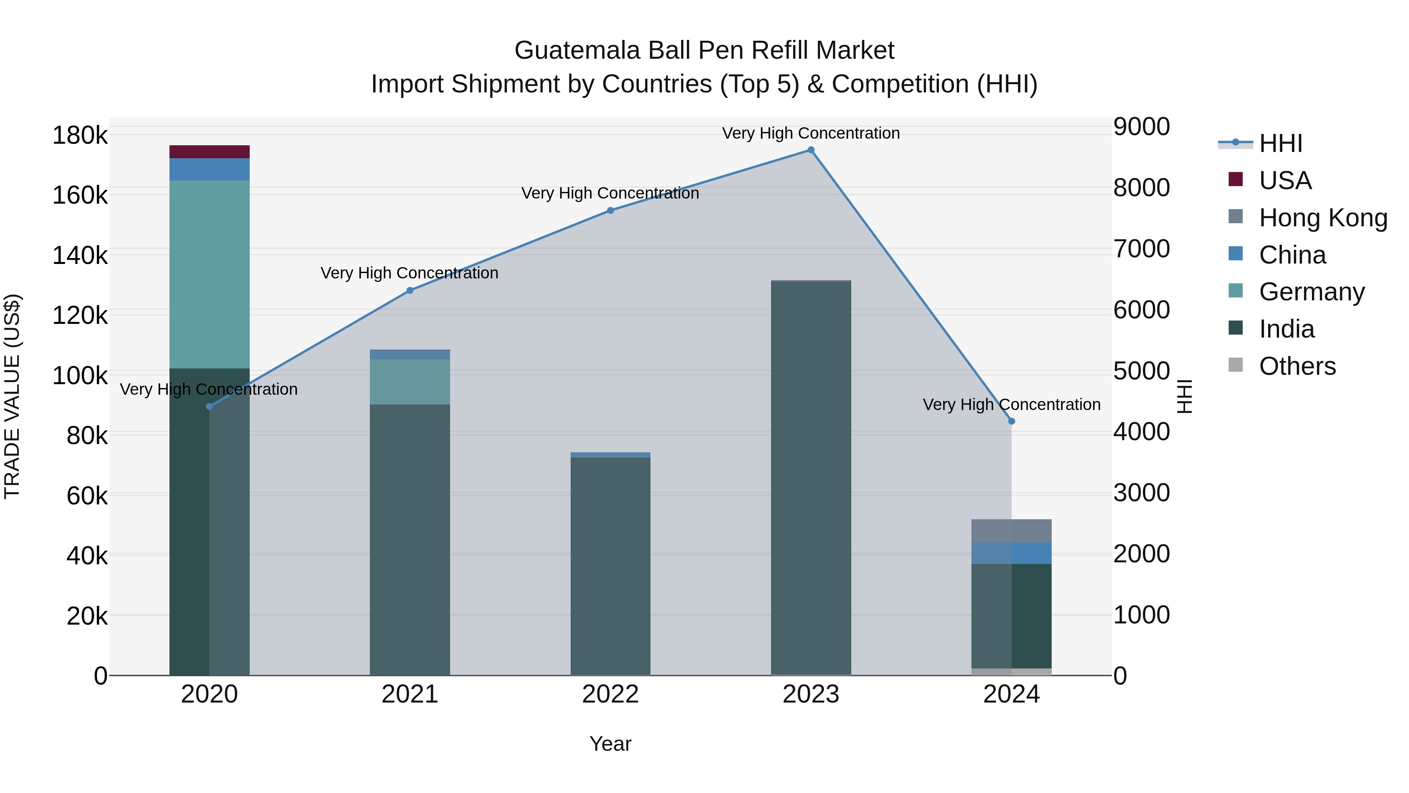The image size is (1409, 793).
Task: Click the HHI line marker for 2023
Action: pyautogui.click(x=811, y=150)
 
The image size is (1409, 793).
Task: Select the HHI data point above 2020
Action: pyautogui.click(x=209, y=406)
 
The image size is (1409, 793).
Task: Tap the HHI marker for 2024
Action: pyautogui.click(x=1011, y=421)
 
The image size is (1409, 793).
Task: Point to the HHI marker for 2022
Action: pyautogui.click(x=611, y=210)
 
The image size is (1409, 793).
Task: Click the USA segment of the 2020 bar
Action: pyautogui.click(x=209, y=152)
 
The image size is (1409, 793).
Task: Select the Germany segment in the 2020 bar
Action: pyautogui.click(x=209, y=274)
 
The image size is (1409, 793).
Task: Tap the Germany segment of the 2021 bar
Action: pyautogui.click(x=410, y=381)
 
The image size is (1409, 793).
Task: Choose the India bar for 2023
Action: pyautogui.click(x=811, y=476)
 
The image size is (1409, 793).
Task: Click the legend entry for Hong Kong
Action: pyautogui.click(x=1323, y=217)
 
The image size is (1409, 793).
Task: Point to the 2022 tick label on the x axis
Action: pyautogui.click(x=611, y=694)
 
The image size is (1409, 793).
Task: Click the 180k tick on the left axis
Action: pyautogui.click(x=80, y=135)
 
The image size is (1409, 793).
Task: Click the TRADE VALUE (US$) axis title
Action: pyautogui.click(x=12, y=396)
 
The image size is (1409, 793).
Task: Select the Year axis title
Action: pyautogui.click(x=611, y=744)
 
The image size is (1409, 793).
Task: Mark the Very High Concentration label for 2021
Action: pyautogui.click(x=410, y=273)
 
